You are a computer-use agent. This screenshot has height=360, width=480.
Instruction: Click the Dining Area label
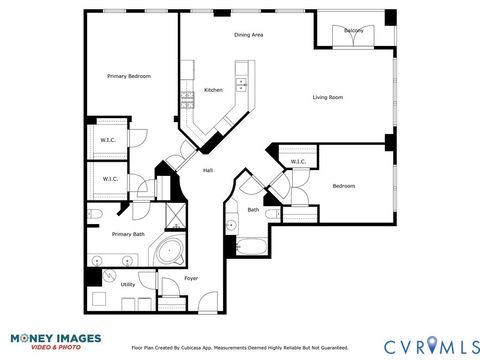click(248, 35)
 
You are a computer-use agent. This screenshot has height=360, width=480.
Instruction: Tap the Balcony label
click(353, 31)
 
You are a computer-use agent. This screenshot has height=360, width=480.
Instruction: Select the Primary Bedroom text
click(129, 76)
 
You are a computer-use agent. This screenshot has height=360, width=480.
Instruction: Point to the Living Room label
click(328, 97)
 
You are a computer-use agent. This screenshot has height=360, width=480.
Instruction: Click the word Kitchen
click(213, 90)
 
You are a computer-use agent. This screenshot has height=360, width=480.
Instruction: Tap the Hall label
click(208, 170)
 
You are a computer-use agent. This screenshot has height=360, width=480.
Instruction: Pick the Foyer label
click(191, 278)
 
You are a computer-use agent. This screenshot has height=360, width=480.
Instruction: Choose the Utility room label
click(128, 285)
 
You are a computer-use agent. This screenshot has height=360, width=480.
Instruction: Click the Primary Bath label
click(128, 234)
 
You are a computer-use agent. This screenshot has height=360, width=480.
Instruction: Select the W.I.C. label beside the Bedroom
click(297, 162)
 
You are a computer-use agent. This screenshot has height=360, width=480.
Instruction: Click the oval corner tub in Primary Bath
click(171, 251)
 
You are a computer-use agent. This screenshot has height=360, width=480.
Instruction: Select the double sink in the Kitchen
click(187, 99)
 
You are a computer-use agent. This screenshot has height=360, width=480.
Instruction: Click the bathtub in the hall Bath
click(251, 245)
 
